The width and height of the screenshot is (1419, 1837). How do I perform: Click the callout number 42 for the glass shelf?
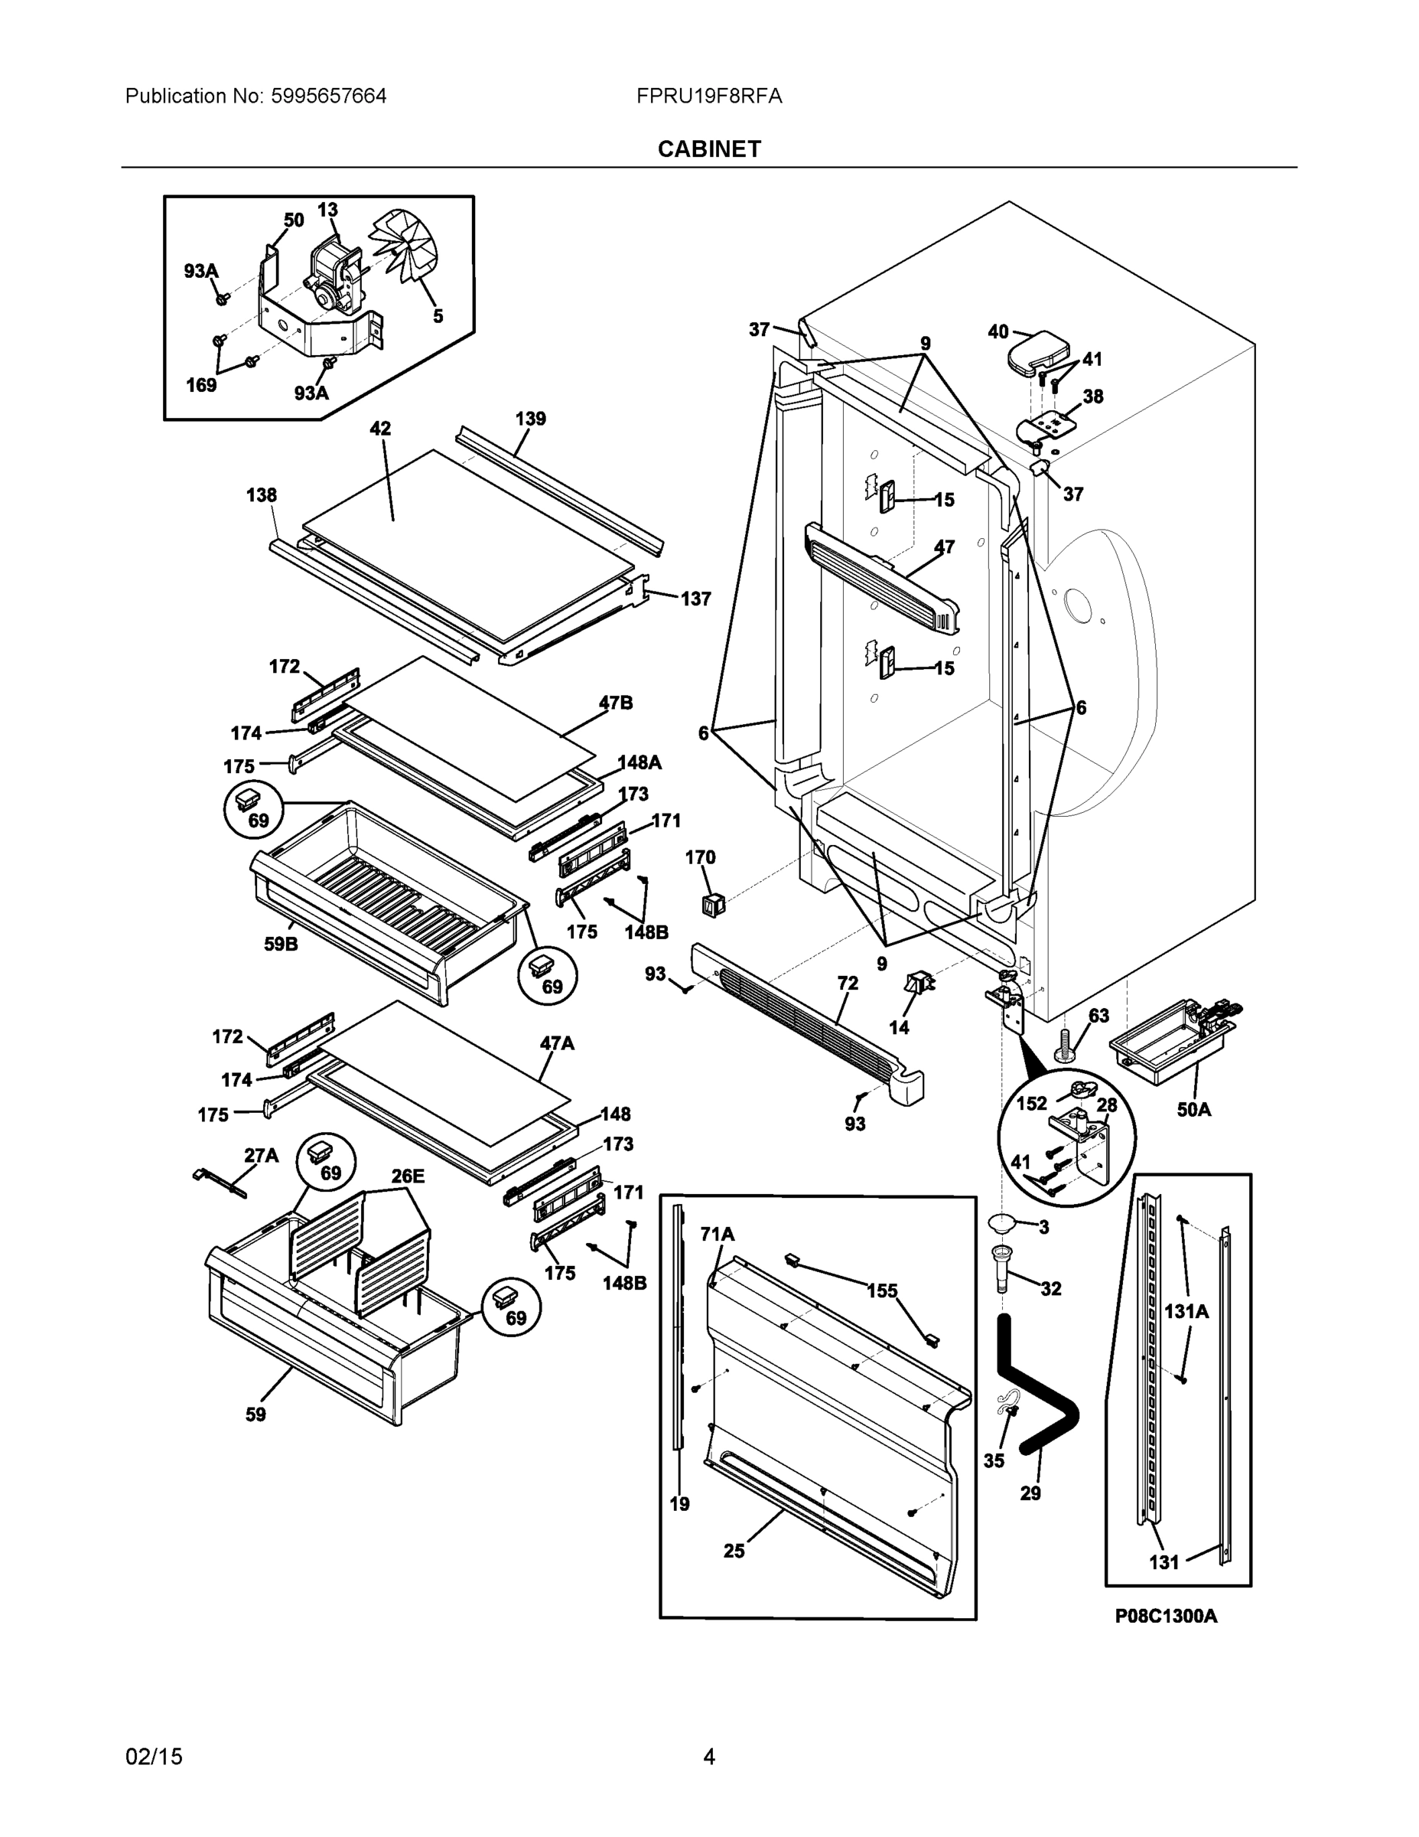coord(380,428)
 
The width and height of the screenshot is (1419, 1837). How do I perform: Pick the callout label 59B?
coord(281,944)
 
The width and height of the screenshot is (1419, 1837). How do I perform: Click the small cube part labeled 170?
coord(714,905)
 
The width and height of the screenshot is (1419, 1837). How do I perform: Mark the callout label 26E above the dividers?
coord(407,1176)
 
